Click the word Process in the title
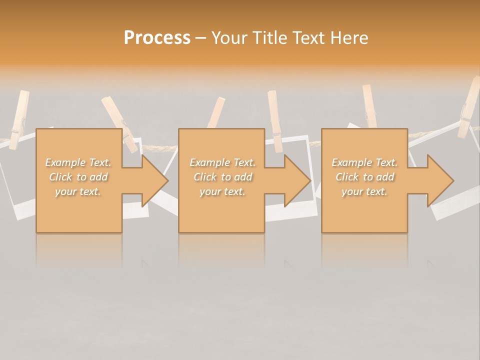[x=157, y=38]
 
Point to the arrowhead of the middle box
[x=297, y=180]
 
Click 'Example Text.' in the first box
[x=78, y=162]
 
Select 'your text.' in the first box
[x=78, y=191]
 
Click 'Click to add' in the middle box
[x=223, y=177]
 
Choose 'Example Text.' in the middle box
[x=223, y=162]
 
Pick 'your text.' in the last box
[x=364, y=191]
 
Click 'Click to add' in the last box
[x=364, y=177]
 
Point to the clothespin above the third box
[x=370, y=106]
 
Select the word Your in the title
[x=231, y=38]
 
